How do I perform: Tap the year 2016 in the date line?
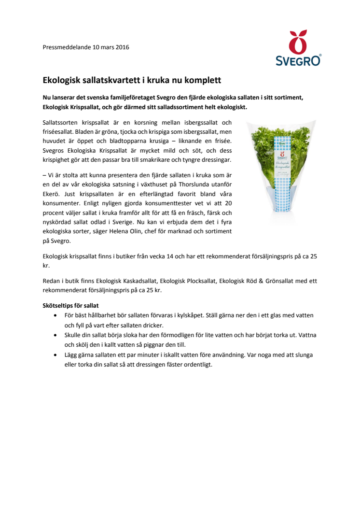click(122, 47)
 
